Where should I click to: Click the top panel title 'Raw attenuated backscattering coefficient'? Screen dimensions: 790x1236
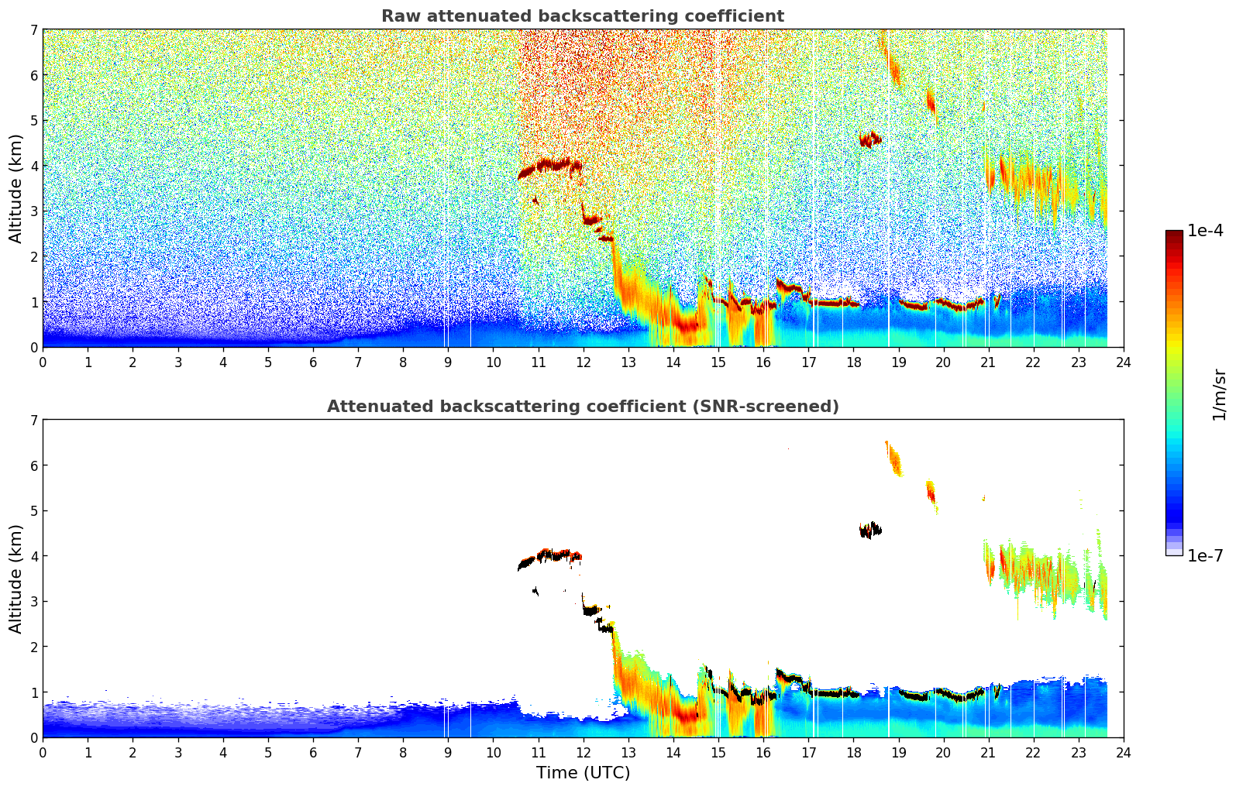pos(582,16)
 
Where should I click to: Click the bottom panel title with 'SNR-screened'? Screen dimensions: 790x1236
pos(582,407)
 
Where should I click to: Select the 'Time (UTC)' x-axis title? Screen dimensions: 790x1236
pos(583,772)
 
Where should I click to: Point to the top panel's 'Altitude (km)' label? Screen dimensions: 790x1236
pos(16,188)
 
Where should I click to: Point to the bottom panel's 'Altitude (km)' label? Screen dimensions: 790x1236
pos(16,579)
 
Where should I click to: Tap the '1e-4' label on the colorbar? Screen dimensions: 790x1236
pos(1205,231)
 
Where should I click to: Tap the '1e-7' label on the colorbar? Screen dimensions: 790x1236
pos(1205,555)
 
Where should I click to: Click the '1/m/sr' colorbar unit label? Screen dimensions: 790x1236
pos(1219,394)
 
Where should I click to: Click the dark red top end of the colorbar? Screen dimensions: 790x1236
pos(1174,235)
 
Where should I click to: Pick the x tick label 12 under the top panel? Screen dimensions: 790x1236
pos(583,362)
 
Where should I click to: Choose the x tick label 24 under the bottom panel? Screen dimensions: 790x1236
pos(1123,752)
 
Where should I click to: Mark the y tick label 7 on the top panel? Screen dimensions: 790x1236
pos(33,30)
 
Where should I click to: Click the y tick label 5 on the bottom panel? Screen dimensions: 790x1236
pos(33,511)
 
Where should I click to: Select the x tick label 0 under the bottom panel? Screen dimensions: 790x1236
pos(43,752)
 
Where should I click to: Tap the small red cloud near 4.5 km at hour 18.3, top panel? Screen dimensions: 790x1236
pos(869,139)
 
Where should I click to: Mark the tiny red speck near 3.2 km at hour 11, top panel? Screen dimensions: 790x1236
pos(535,201)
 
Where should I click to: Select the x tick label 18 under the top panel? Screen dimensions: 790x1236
pos(853,362)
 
